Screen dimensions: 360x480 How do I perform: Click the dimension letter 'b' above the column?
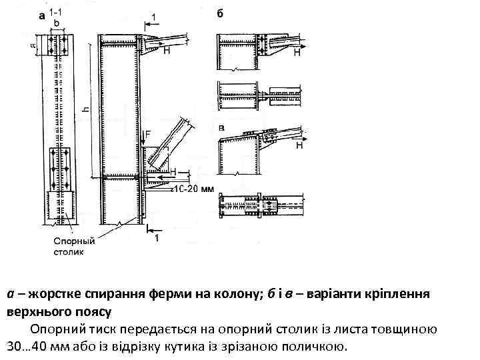tap(56, 23)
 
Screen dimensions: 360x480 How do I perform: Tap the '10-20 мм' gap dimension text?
tap(193, 189)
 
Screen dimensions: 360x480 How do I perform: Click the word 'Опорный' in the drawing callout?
tap(73, 241)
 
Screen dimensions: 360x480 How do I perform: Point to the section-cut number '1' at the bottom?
tap(156, 238)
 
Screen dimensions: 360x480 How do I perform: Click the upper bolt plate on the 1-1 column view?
tap(56, 46)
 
